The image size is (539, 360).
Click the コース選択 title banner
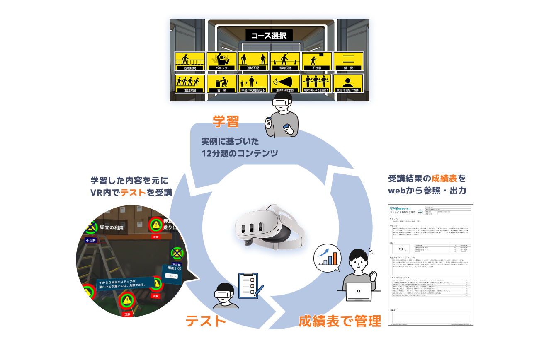pos(269,36)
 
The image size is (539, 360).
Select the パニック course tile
pos(221,61)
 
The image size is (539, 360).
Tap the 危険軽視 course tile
pos(190,61)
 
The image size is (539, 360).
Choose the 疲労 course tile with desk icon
pos(221,83)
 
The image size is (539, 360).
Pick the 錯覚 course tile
pos(348,61)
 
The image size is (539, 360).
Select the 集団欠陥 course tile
pos(190,83)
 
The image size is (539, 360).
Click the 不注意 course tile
pos(317,61)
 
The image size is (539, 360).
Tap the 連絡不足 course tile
pos(253,61)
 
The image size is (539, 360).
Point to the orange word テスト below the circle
pos(206,321)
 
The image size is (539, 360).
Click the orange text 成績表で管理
pos(340,321)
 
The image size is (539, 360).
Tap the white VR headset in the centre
pos(269,226)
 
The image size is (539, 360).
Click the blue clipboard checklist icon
pos(248,285)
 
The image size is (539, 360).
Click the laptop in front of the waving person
pos(359,292)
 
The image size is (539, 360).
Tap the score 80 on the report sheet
pos(401,249)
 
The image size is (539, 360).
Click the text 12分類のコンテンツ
pos(239,153)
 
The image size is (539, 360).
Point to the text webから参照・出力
pos(427,191)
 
